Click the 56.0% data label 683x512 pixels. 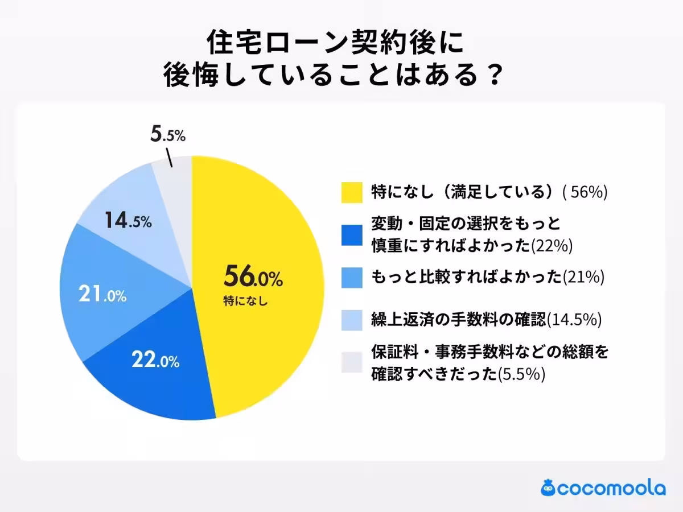253,278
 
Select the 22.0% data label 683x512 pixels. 155,360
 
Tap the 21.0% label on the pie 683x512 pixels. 102,295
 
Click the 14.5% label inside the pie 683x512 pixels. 128,221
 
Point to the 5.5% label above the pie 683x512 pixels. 168,135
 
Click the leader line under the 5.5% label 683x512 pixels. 169,158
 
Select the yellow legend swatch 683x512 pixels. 352,192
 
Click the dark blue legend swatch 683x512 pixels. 352,235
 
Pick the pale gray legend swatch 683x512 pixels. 352,362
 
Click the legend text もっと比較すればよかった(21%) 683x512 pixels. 487,277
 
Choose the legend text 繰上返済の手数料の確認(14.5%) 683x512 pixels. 486,320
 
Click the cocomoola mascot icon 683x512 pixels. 549,488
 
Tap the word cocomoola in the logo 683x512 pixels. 611,488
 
